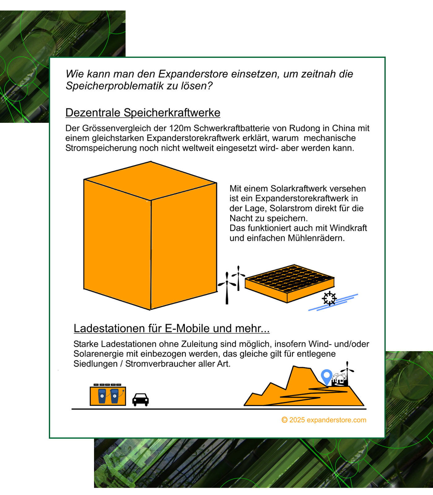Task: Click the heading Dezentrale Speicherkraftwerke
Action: click(x=143, y=113)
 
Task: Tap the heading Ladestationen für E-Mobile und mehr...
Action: click(x=171, y=328)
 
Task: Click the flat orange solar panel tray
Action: click(x=289, y=283)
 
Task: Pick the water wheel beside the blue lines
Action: click(x=329, y=299)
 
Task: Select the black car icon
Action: click(x=140, y=399)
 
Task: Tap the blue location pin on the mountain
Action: click(x=326, y=376)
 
